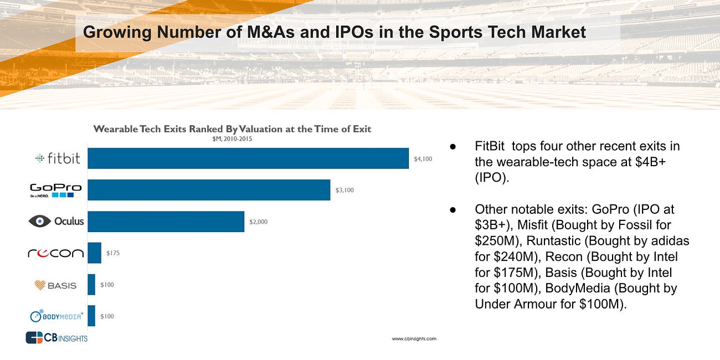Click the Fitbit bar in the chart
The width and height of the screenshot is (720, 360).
[248, 158]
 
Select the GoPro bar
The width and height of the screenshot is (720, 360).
[208, 190]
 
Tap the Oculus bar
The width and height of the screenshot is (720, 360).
[166, 222]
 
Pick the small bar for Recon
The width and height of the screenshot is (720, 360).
[94, 253]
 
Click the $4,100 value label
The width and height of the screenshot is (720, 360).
[423, 159]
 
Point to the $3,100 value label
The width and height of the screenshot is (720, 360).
[344, 191]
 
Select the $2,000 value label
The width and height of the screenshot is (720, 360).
[258, 222]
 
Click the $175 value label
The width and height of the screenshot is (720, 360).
[113, 253]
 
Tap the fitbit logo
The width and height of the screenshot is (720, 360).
[58, 158]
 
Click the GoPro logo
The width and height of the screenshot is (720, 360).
[55, 190]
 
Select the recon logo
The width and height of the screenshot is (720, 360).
[55, 253]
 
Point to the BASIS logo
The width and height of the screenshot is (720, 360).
[55, 285]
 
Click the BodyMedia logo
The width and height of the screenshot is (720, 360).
[56, 316]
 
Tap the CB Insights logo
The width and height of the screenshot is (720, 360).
[56, 337]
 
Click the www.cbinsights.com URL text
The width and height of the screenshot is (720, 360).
[414, 338]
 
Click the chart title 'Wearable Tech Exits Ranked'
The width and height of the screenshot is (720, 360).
[232, 129]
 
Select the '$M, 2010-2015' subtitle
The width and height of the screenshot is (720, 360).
[229, 139]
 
